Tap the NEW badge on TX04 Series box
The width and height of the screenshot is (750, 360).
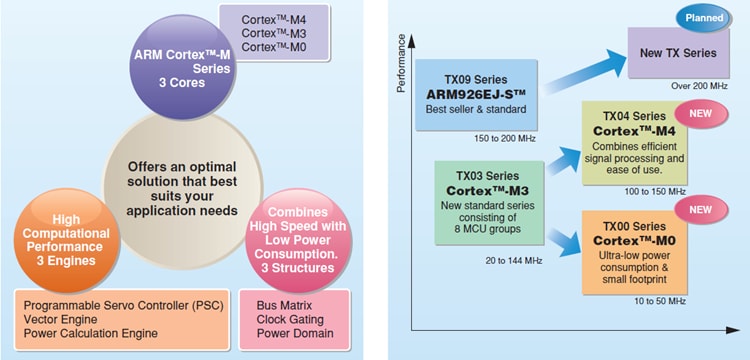pos(700,113)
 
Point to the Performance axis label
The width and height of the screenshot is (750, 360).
pos(401,66)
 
